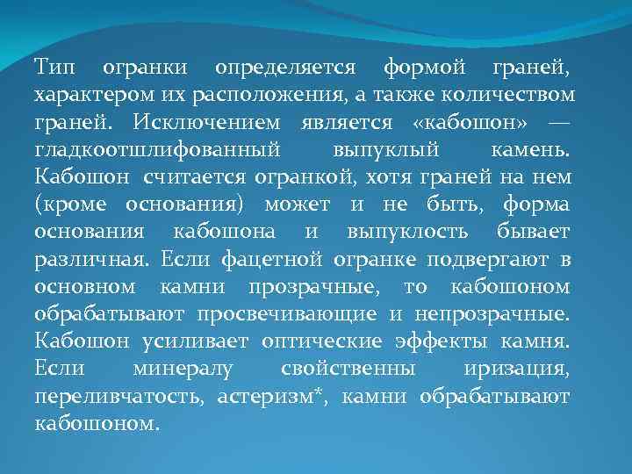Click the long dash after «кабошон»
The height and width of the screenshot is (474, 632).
(x=557, y=122)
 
